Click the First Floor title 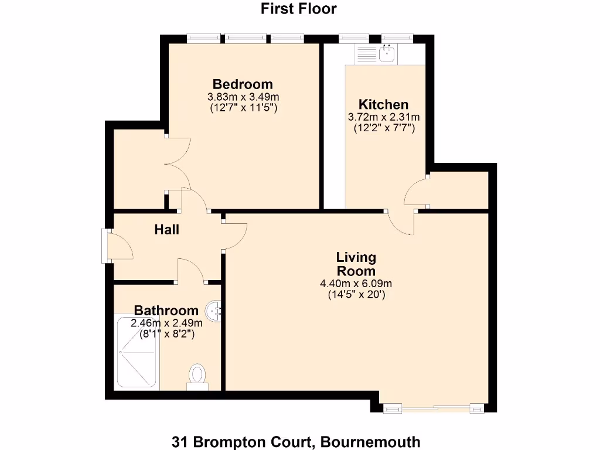tap(299, 9)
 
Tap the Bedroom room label tap(243, 84)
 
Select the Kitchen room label tap(383, 104)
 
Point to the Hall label tap(167, 230)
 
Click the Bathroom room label tap(166, 311)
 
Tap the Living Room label tap(356, 264)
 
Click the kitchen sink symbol tap(386, 54)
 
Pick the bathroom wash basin tap(216, 311)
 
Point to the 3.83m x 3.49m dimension tap(243, 97)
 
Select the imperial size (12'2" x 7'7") tap(384, 128)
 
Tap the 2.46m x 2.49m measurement tap(167, 323)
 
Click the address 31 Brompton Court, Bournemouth tap(296, 441)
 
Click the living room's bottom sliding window tap(434, 407)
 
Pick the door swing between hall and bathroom tap(190, 271)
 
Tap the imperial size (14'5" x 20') tap(356, 295)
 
